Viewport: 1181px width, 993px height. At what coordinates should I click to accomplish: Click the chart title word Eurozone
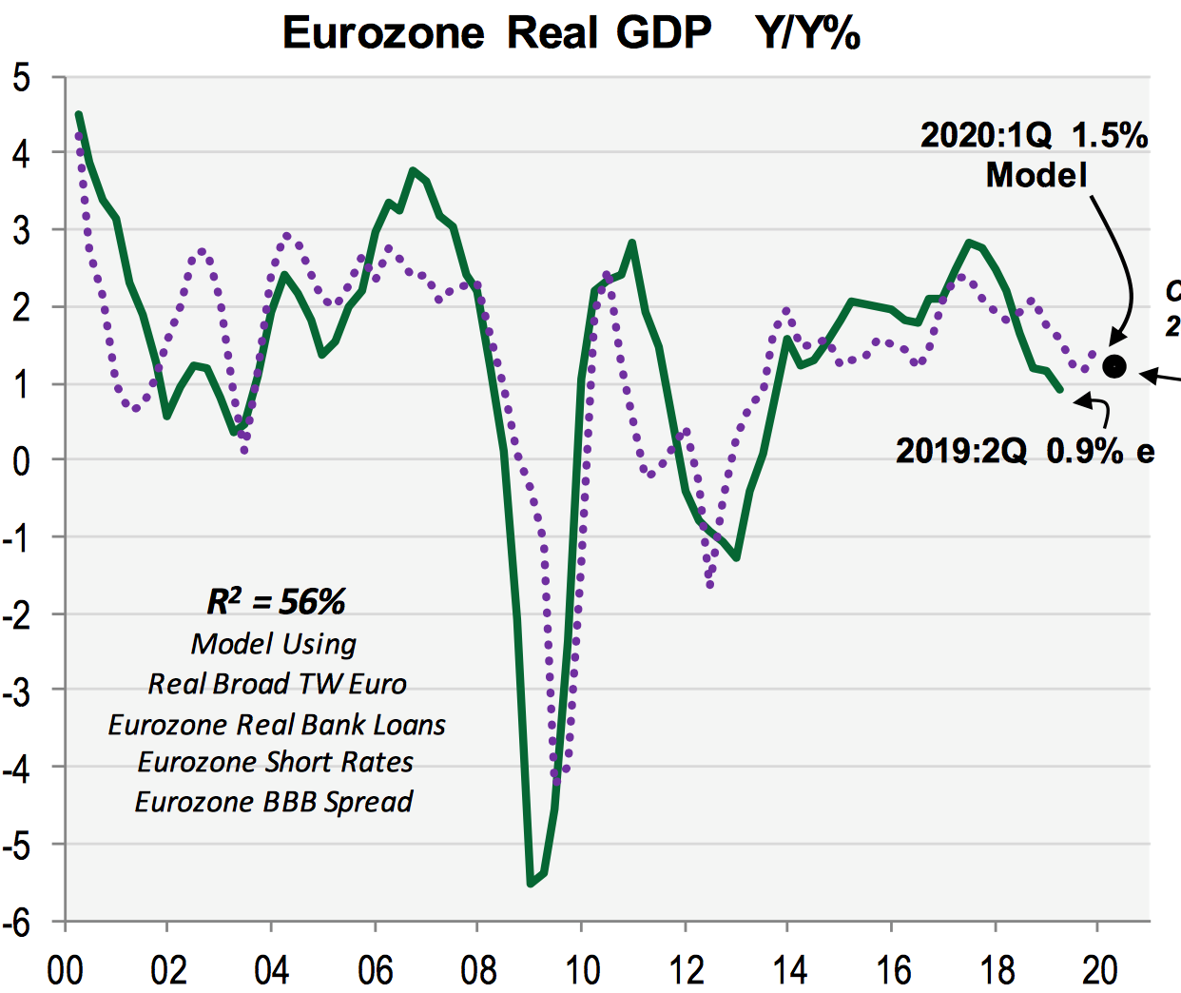click(x=383, y=33)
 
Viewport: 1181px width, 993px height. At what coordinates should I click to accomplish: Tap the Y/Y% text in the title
click(x=808, y=33)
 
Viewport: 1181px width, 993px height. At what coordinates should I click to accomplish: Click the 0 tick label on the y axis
click(x=22, y=461)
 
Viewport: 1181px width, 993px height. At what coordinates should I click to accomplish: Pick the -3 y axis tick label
click(x=18, y=691)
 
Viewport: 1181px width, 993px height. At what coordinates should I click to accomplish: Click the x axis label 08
click(x=478, y=970)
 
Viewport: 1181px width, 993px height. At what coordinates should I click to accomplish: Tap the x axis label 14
click(x=789, y=970)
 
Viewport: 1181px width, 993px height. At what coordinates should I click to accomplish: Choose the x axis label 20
click(x=1100, y=970)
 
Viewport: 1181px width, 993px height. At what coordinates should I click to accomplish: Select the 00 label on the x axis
click(x=65, y=970)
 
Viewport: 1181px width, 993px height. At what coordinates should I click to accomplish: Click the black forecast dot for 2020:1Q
click(x=1114, y=366)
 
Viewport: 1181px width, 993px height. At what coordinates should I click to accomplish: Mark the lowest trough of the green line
click(x=531, y=884)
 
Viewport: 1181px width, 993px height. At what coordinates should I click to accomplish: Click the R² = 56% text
click(x=276, y=601)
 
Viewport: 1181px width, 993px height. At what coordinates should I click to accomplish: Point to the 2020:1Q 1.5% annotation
click(x=1034, y=135)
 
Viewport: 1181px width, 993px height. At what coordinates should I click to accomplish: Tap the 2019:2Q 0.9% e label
click(x=1025, y=450)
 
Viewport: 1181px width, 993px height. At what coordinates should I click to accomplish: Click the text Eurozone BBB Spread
click(x=274, y=802)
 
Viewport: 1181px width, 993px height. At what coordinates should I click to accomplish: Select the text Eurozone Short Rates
click(x=276, y=762)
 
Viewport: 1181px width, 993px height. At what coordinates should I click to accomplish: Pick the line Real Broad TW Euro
click(x=277, y=684)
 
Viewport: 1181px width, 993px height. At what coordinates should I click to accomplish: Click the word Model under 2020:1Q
click(x=1036, y=175)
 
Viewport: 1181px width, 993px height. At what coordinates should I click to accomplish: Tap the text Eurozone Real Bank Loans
click(x=277, y=724)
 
